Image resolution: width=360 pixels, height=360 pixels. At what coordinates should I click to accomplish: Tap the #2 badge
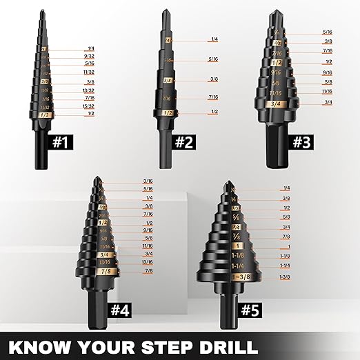[x=183, y=142]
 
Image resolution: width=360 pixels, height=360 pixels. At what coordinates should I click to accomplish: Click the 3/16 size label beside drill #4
[x=148, y=181]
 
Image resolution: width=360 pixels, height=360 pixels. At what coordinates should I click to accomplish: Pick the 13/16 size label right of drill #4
[x=148, y=262]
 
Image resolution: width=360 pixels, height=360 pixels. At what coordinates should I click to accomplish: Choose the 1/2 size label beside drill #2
[x=214, y=112]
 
